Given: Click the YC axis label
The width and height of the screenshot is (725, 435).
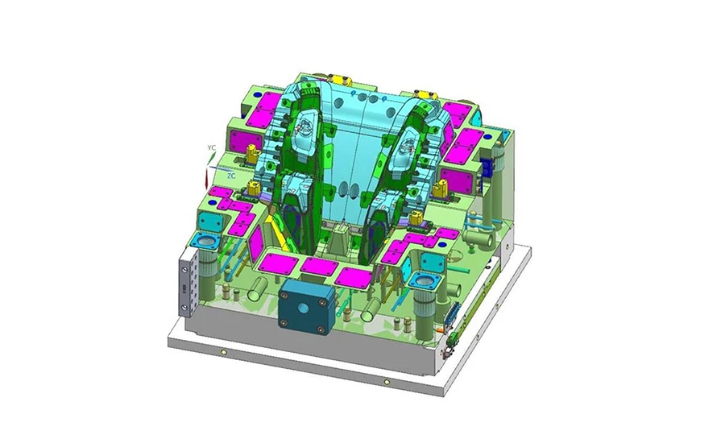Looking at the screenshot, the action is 211,147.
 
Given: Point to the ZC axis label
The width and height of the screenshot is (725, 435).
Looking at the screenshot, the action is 231,176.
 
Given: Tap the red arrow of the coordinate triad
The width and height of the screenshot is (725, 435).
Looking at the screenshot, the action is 206,180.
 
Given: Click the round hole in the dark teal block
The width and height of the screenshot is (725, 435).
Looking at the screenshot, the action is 303,308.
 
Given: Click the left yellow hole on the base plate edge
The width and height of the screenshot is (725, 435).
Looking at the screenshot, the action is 224,353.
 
